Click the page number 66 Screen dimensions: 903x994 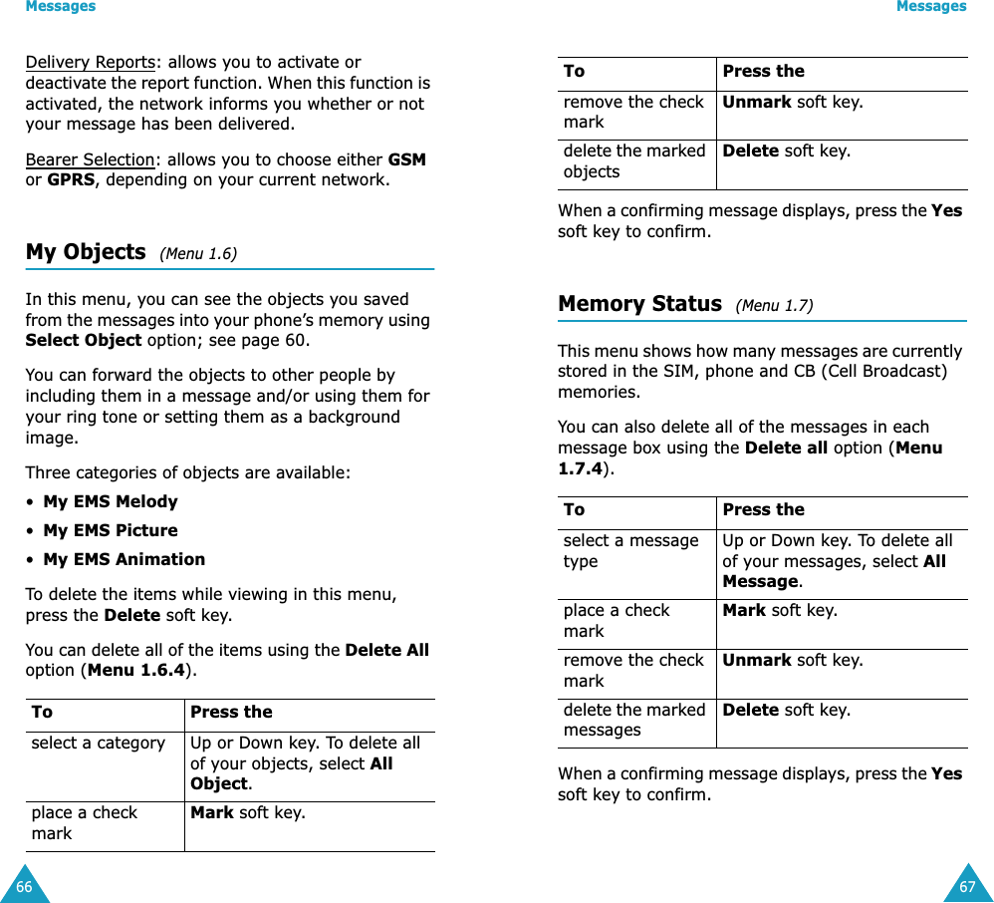(x=24, y=886)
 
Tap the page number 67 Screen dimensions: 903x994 (x=967, y=886)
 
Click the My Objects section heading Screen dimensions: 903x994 (x=86, y=252)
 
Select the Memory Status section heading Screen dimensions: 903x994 (x=639, y=304)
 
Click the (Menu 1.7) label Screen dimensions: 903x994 (x=774, y=306)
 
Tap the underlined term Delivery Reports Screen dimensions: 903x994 (x=90, y=62)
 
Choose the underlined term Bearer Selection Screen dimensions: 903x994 (x=90, y=159)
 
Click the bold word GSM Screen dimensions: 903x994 (x=406, y=159)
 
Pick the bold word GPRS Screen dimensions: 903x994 (x=71, y=180)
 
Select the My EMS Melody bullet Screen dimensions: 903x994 (x=110, y=501)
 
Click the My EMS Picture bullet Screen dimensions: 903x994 (x=110, y=530)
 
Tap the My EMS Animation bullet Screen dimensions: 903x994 (x=124, y=559)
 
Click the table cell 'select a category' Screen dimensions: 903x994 (x=98, y=744)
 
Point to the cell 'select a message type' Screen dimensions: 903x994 (x=630, y=550)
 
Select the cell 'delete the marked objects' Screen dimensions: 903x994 (x=633, y=161)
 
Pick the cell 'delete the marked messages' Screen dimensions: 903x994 (x=633, y=720)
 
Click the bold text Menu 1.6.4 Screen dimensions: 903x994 (x=136, y=671)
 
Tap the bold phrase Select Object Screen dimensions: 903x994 (x=83, y=341)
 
